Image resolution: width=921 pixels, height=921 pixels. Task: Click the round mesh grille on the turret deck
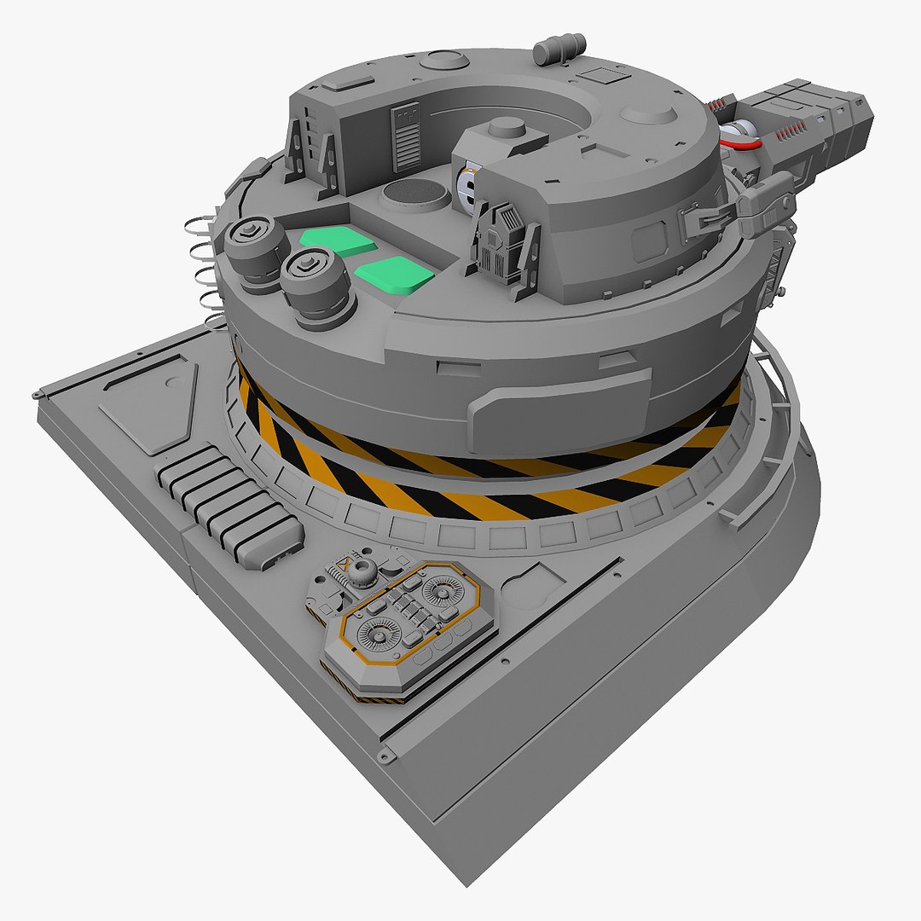tap(414, 195)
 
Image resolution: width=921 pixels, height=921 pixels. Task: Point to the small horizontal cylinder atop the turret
tap(559, 49)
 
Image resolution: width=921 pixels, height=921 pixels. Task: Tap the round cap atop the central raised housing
tap(507, 128)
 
